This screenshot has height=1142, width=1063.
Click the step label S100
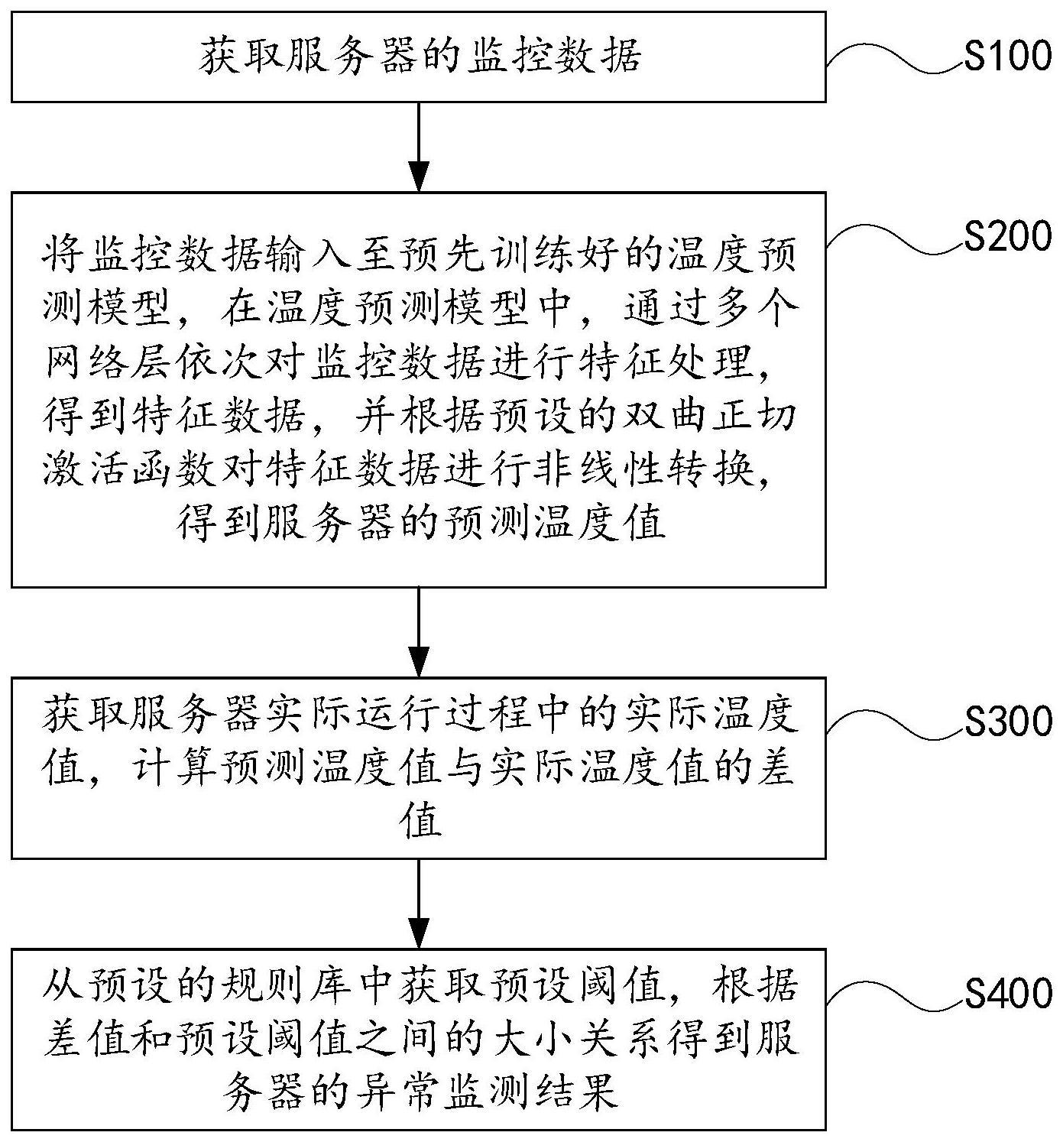[x=1008, y=55]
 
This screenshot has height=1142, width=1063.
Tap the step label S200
[x=1008, y=235]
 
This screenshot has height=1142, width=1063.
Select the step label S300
[x=1008, y=721]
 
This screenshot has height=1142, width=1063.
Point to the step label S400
[x=1008, y=993]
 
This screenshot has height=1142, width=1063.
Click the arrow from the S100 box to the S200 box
[x=419, y=148]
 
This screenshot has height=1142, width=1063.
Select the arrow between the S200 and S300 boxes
[x=419, y=632]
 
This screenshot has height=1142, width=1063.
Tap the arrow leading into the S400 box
[x=419, y=904]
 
